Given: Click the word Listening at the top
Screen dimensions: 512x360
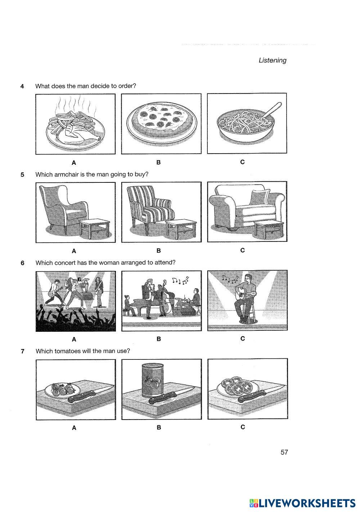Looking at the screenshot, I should (x=273, y=60).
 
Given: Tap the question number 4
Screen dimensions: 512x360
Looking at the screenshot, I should (x=22, y=86).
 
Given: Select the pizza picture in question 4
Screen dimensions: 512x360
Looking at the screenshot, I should (x=161, y=121).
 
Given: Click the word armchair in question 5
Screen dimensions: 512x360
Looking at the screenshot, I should (x=66, y=175).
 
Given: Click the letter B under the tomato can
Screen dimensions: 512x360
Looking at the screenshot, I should (x=159, y=427).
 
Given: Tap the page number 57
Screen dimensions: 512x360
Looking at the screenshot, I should (x=284, y=452).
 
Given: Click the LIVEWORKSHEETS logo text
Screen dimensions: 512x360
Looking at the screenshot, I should (x=306, y=503).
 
